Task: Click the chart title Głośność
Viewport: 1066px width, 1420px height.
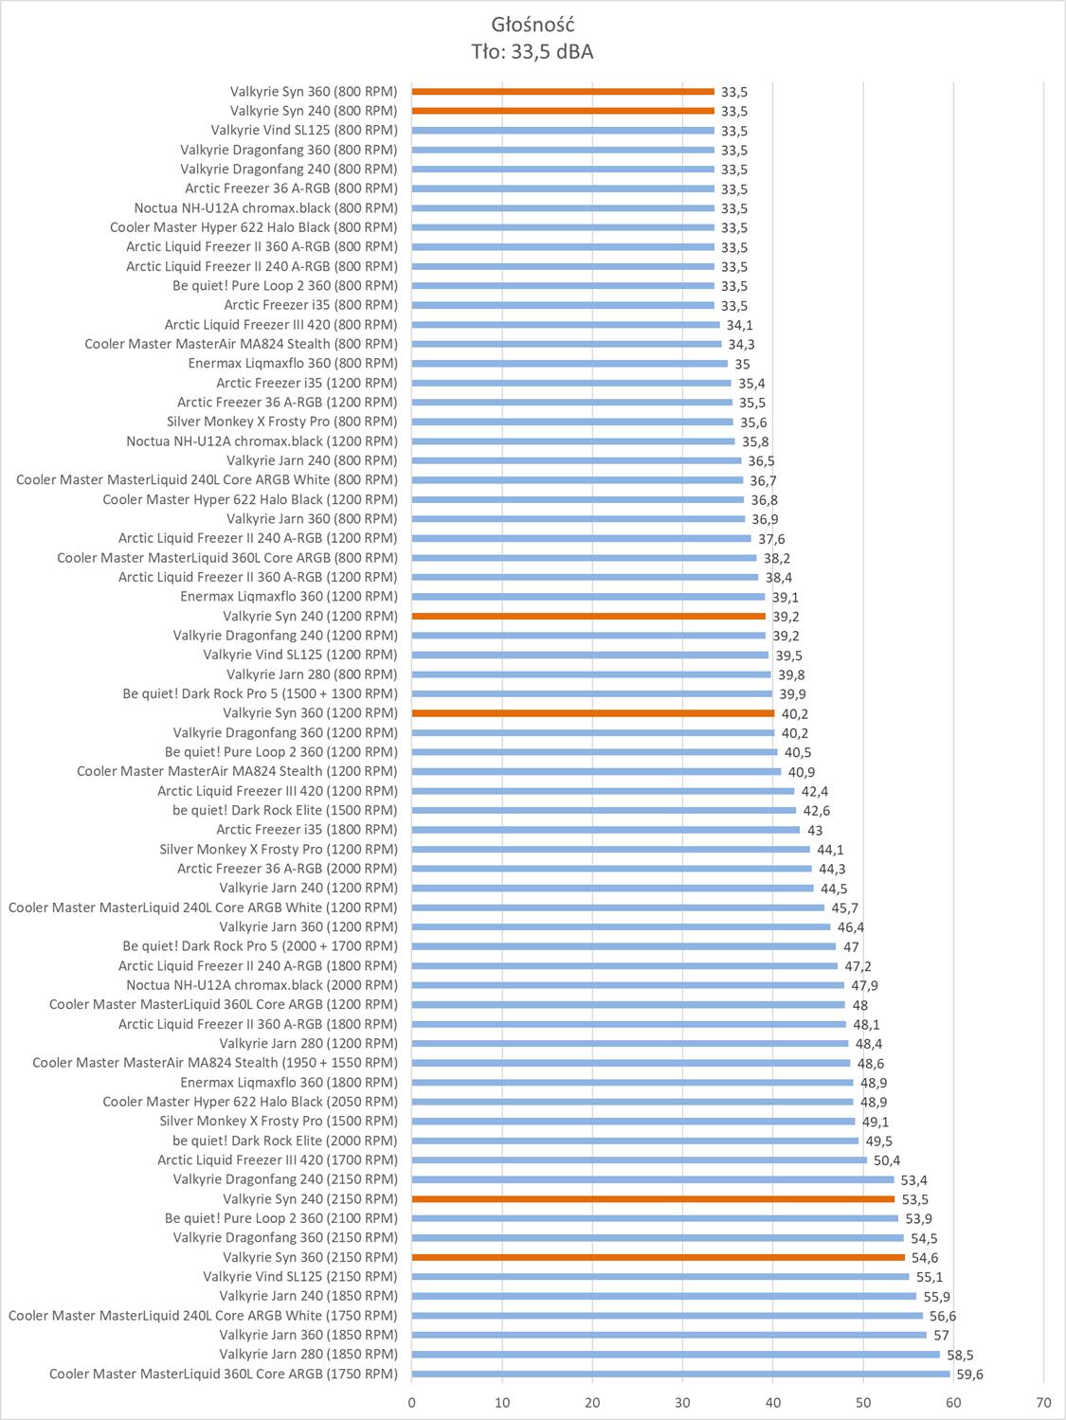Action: point(533,25)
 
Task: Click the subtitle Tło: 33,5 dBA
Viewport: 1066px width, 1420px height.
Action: point(533,52)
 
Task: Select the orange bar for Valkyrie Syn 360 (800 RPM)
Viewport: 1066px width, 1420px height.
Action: point(563,92)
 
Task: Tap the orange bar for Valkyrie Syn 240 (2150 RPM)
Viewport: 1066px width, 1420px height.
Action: point(653,1199)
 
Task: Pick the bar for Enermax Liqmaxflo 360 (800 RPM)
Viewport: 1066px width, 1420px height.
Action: point(569,364)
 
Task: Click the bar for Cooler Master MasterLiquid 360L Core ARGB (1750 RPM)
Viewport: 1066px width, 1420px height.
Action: point(680,1374)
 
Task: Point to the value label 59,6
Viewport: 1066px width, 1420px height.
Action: point(970,1375)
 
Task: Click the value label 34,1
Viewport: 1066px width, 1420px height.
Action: point(739,325)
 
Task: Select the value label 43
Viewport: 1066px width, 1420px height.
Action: point(815,830)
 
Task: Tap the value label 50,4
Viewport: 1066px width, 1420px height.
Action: point(887,1160)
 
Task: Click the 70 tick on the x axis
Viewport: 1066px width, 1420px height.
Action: point(1043,1402)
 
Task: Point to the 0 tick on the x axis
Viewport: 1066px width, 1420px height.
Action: point(412,1402)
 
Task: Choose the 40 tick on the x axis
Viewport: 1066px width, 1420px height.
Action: point(773,1402)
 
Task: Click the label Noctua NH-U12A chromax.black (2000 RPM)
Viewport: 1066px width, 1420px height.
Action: point(262,985)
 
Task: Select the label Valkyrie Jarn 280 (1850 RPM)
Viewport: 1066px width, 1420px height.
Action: point(308,1355)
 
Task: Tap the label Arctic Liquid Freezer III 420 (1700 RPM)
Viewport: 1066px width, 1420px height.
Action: point(277,1160)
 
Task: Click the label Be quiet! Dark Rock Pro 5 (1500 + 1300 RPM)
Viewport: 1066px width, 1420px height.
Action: point(260,694)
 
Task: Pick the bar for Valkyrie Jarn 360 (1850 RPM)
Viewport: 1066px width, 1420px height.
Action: point(669,1335)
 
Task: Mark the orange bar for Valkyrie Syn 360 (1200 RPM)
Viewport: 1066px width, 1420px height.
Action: point(593,713)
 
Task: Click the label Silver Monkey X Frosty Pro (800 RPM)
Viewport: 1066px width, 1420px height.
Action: point(281,422)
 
